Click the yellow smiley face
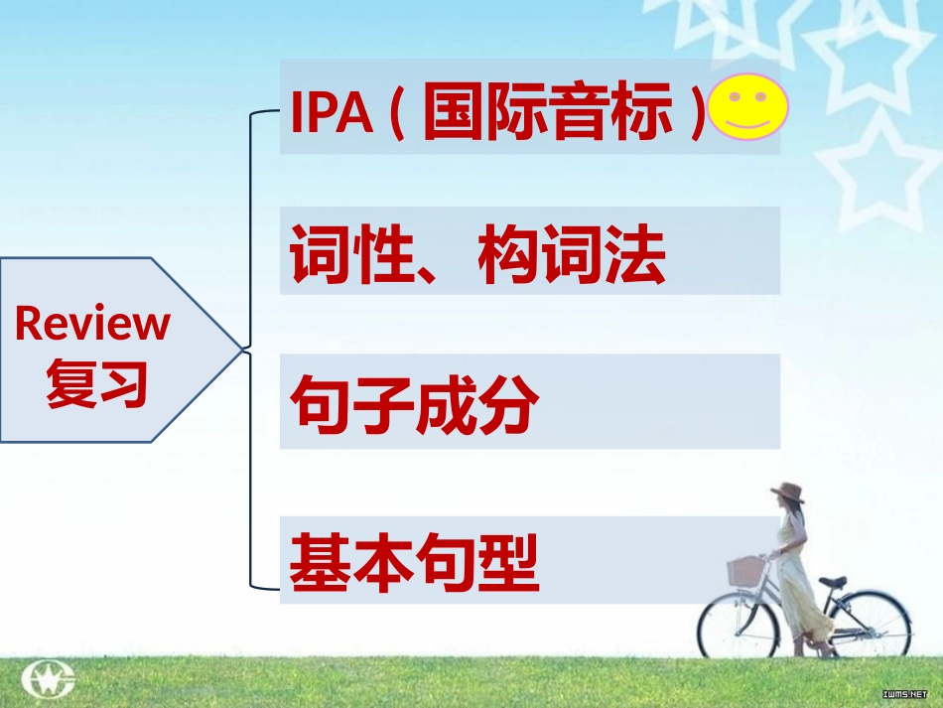point(749,107)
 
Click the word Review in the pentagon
point(92,323)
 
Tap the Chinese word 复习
point(96,382)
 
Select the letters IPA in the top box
point(331,115)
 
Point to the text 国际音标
point(547,114)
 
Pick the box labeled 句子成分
point(529,401)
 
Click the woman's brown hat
point(788,493)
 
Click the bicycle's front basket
point(746,570)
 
